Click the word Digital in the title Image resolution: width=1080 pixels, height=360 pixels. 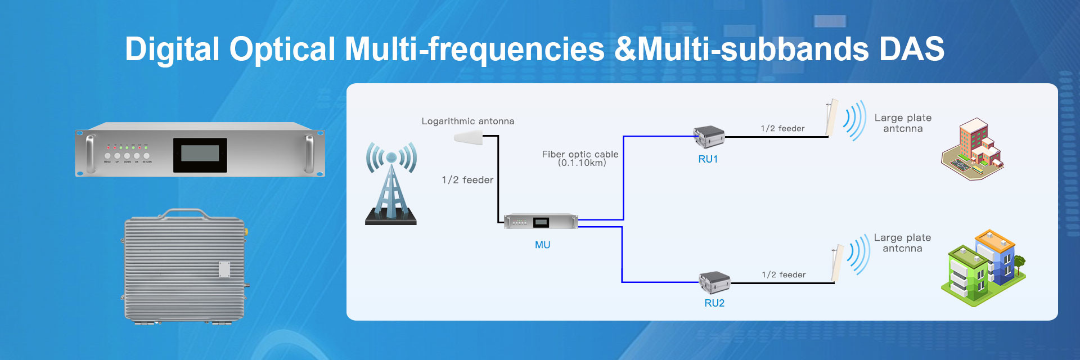point(172,49)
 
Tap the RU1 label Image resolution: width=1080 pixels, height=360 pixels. point(708,159)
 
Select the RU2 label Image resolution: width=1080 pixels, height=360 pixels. point(714,303)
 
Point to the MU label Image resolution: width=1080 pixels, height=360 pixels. point(542,245)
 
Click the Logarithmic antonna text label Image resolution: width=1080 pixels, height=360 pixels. point(468,121)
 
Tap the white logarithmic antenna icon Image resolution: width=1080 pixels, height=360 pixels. point(468,137)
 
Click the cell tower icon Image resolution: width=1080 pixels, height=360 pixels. point(391,183)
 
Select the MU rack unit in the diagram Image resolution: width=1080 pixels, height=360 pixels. point(541,222)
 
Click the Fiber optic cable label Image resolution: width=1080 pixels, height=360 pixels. point(580,158)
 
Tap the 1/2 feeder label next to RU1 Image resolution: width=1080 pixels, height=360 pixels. point(782,128)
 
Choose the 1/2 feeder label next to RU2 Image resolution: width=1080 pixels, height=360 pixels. point(784,274)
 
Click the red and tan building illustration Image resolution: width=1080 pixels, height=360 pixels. point(973,148)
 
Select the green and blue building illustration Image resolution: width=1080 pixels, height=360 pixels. point(983,267)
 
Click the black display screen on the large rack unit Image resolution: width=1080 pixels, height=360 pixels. point(200,155)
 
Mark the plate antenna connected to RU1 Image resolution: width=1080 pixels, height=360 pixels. point(831,118)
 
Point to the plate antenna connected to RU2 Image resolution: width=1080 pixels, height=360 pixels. point(837,263)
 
